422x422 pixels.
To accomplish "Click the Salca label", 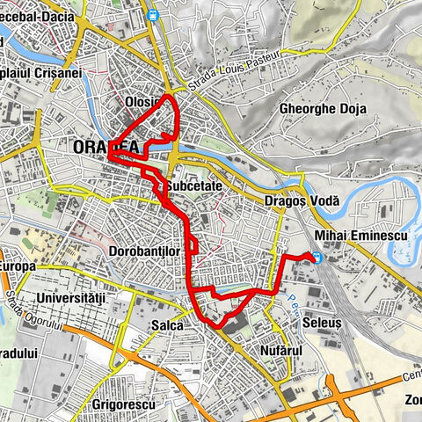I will point(166,325).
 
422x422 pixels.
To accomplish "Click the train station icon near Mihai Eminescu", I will point(316,258).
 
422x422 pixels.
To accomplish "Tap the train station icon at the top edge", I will point(153,14).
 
